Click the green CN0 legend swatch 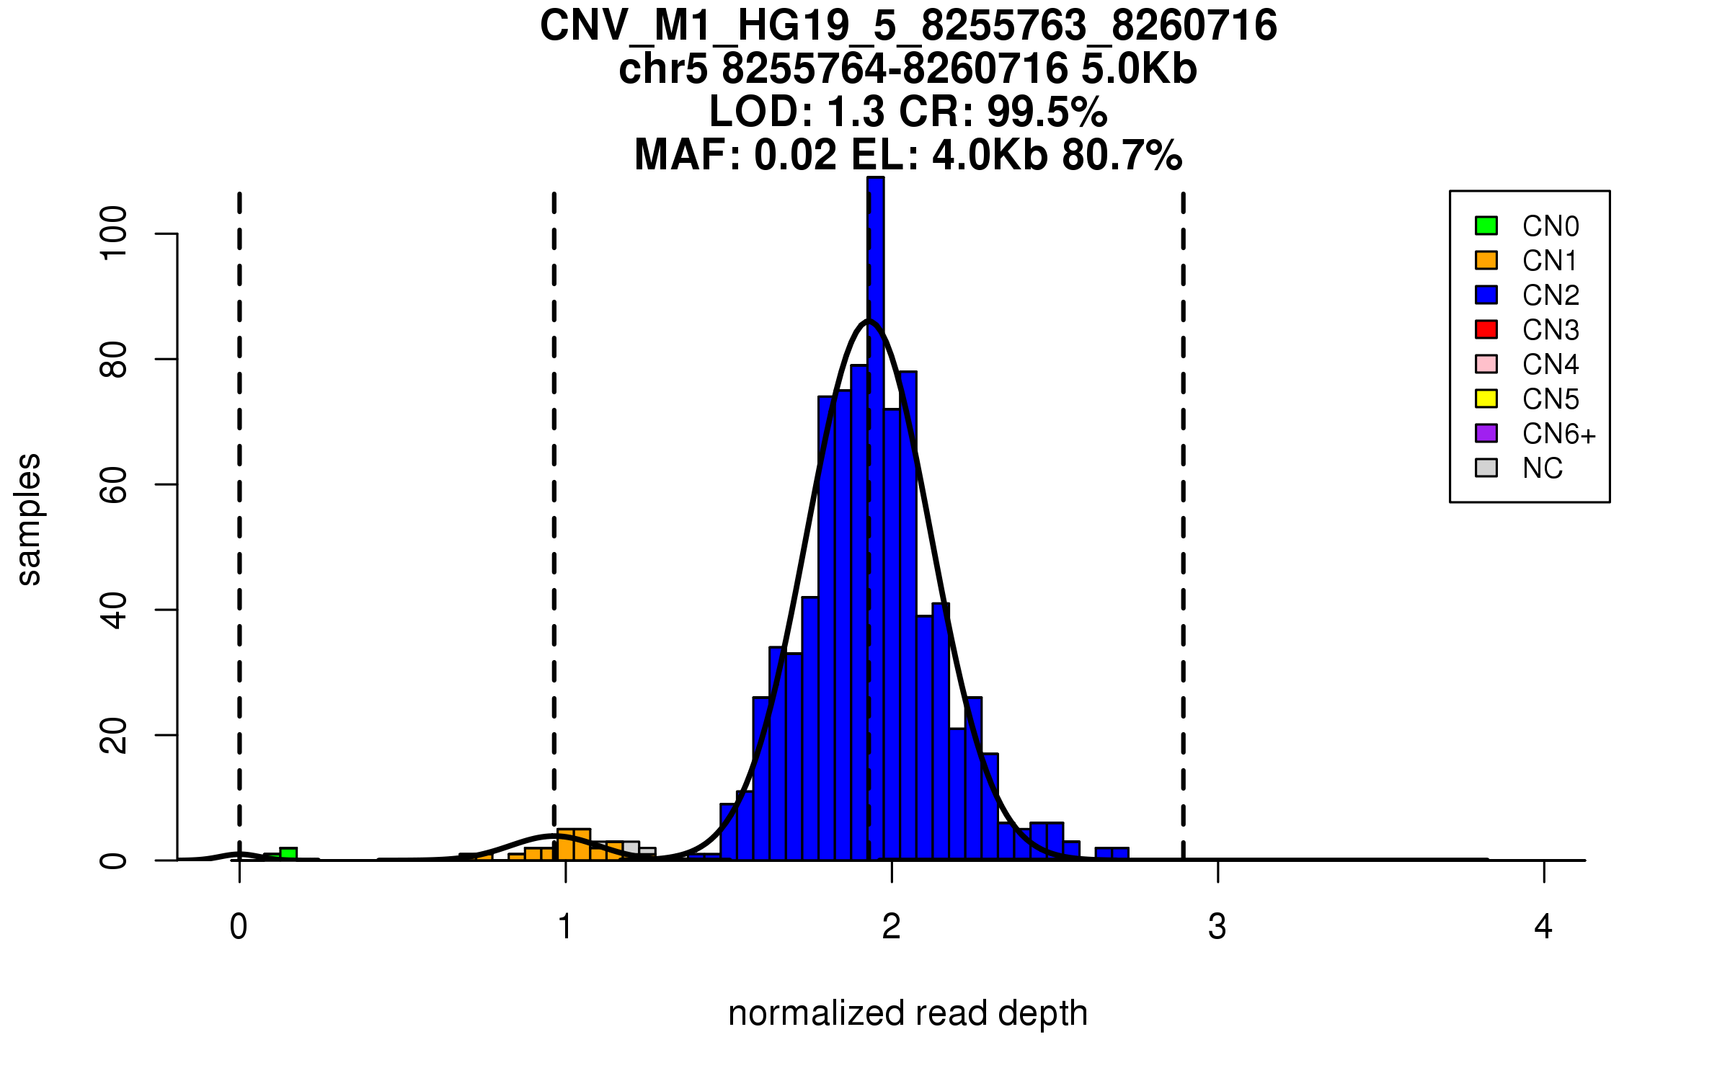(1486, 226)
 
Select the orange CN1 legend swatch (1486, 260)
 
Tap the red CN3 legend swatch (1486, 329)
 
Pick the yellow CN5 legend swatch (1486, 399)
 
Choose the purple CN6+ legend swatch (1486, 433)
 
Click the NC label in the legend (1542, 468)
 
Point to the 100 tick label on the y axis (114, 233)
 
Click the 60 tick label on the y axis (114, 484)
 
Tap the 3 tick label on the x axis (1217, 927)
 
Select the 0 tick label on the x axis (239, 927)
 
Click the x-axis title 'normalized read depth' (908, 1013)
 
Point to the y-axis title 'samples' (29, 519)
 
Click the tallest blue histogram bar (876, 504)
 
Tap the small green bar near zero (288, 854)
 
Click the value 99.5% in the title (1047, 112)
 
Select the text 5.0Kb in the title (1139, 69)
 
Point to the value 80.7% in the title (1122, 155)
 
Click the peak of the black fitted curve (869, 321)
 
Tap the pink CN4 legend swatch (1486, 364)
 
